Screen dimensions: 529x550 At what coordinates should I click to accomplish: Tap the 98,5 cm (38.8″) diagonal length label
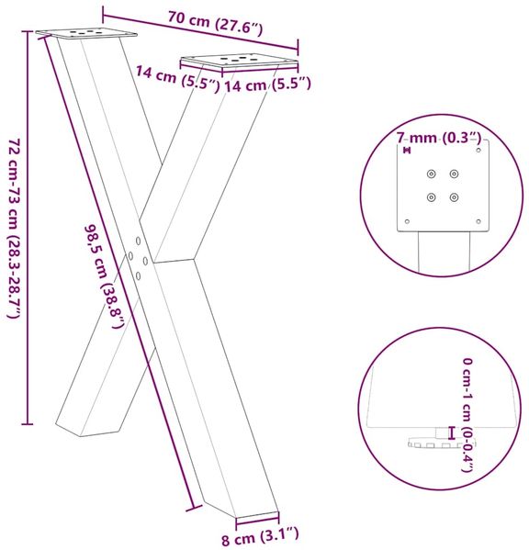105,276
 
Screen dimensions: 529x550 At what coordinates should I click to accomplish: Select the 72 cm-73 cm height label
14,228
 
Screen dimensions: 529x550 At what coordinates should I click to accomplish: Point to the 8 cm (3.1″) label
260,536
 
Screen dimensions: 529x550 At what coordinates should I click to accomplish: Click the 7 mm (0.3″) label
438,138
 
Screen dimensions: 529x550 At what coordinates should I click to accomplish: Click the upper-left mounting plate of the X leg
86,33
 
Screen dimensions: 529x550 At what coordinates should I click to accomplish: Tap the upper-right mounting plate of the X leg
239,61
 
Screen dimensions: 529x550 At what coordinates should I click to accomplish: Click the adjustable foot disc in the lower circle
440,443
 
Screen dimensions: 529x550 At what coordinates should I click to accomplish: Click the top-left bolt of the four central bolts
431,174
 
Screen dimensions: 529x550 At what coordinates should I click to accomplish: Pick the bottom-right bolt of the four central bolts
454,197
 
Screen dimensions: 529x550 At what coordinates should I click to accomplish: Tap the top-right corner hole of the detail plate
478,151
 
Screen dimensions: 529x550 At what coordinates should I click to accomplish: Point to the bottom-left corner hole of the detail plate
407,221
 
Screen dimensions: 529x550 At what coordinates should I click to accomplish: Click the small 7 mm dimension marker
407,151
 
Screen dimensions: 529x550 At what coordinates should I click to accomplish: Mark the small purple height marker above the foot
452,432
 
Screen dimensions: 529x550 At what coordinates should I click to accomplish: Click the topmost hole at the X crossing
138,241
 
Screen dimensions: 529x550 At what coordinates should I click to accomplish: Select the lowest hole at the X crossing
138,276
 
